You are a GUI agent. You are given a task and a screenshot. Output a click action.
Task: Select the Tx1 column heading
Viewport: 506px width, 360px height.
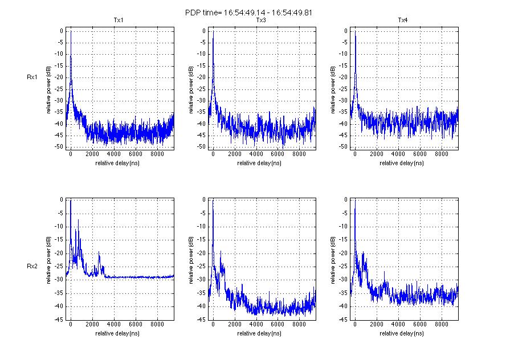(119, 21)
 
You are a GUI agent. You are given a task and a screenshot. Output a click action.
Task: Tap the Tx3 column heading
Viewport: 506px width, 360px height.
(261, 21)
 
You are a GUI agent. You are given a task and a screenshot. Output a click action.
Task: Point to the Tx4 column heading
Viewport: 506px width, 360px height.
(402, 21)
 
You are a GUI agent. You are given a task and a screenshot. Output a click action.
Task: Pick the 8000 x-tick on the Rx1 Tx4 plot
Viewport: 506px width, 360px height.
(441, 154)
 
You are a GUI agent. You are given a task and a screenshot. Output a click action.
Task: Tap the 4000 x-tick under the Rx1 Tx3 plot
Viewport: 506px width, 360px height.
(256, 154)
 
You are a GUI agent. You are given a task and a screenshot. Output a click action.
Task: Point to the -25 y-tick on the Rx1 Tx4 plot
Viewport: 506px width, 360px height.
(343, 89)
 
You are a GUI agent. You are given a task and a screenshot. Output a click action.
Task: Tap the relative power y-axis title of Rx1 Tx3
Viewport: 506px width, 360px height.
(190, 88)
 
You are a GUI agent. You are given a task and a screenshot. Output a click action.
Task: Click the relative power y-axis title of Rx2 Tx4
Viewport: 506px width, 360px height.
(332, 260)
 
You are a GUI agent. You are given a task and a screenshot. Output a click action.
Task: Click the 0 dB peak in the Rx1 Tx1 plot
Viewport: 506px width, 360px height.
(71, 32)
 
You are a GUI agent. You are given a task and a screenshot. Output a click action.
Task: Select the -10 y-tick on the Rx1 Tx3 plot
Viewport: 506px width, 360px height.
(201, 54)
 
